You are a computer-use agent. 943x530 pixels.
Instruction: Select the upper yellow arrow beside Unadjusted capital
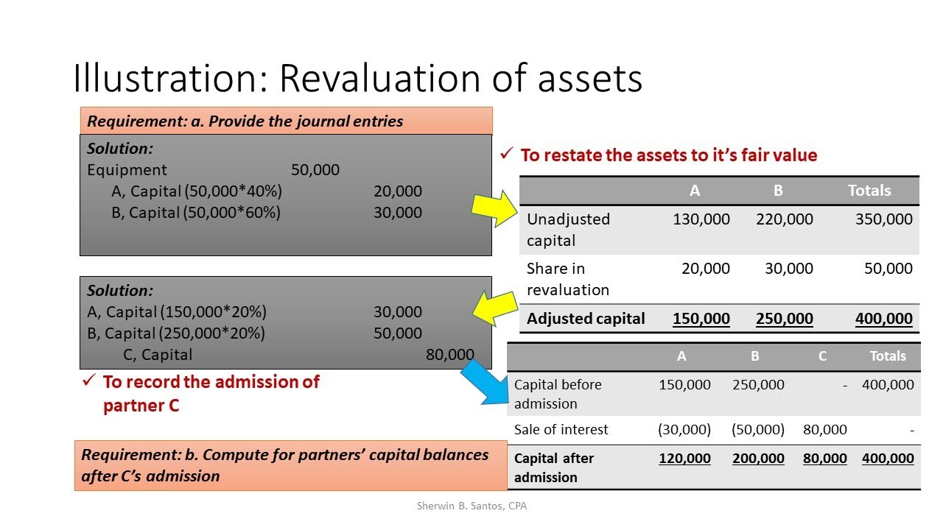(x=496, y=208)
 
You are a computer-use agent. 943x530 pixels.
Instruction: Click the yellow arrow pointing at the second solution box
(x=496, y=307)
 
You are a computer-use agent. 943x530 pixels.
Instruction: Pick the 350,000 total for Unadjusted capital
(x=884, y=219)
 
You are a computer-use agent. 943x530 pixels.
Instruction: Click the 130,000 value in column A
(x=701, y=219)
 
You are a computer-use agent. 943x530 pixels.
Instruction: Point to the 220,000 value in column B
(x=785, y=219)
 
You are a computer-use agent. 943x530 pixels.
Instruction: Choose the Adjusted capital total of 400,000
(x=884, y=319)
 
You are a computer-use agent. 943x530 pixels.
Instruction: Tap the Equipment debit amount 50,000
(x=315, y=170)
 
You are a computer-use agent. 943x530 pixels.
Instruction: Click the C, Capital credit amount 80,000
(x=450, y=355)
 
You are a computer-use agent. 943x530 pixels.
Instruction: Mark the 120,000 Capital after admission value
(x=684, y=459)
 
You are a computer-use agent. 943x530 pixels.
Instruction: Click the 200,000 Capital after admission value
(x=758, y=459)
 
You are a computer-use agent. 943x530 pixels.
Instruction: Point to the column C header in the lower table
(x=822, y=356)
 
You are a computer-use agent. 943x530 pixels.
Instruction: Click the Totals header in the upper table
(x=869, y=191)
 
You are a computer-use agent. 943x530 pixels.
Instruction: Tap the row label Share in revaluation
(x=568, y=279)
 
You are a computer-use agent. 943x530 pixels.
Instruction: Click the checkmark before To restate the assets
(x=507, y=155)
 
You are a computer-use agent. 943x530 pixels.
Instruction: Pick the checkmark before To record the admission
(x=89, y=381)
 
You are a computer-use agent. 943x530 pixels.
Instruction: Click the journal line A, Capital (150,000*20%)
(x=177, y=312)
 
